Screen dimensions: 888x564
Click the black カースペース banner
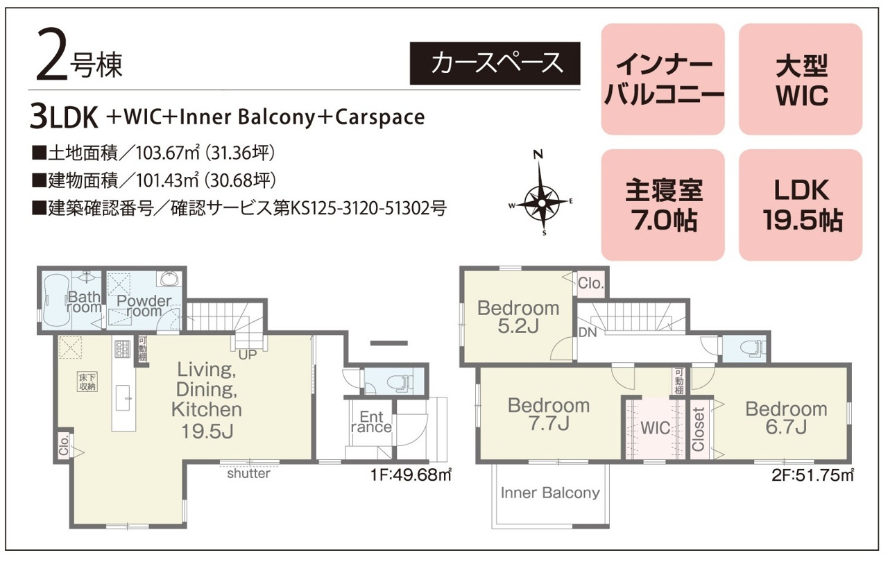(x=495, y=63)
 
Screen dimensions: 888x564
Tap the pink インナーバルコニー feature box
(x=663, y=79)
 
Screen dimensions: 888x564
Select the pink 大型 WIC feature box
(x=801, y=79)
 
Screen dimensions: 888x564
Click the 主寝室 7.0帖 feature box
(x=663, y=205)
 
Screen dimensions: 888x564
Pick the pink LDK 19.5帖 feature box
(x=801, y=205)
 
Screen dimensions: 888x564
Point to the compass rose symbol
(x=540, y=194)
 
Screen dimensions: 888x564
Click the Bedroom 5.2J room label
(x=518, y=317)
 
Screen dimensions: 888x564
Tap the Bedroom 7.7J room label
(x=549, y=415)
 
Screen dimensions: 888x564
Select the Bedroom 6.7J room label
(x=786, y=418)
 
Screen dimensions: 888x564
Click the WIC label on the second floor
(x=656, y=428)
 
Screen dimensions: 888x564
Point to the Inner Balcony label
(x=550, y=493)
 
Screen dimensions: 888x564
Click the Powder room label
(x=144, y=306)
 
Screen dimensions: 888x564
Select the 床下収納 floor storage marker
(x=87, y=382)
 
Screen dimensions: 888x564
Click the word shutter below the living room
(x=248, y=473)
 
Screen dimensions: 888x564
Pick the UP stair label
(x=248, y=354)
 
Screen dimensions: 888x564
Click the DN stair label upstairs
(x=588, y=332)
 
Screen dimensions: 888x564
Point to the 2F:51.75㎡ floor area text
(x=812, y=475)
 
